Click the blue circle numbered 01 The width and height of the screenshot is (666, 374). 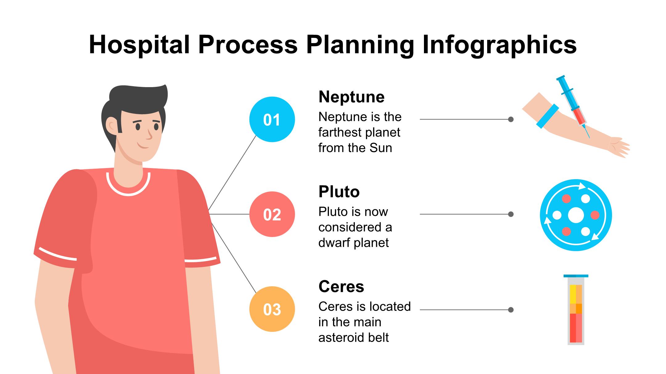click(x=272, y=119)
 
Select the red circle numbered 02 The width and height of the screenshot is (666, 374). click(x=272, y=214)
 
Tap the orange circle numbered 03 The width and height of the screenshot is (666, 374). click(x=272, y=309)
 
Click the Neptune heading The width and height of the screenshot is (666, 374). click(x=351, y=97)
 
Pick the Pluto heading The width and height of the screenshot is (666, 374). click(x=339, y=192)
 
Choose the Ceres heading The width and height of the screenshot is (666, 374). click(x=341, y=287)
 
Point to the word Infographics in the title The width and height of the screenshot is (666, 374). click(x=499, y=45)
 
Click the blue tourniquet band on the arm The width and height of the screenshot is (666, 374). click(x=547, y=116)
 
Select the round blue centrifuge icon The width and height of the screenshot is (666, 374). click(x=576, y=215)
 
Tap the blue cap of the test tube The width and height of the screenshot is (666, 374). click(x=576, y=276)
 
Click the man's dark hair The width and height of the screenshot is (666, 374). click(x=136, y=99)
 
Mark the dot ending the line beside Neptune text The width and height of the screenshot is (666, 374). click(x=511, y=119)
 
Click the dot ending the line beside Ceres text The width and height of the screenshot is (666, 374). click(x=511, y=310)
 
